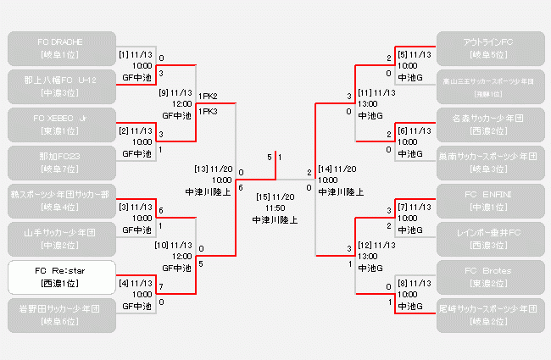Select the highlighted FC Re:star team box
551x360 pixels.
tap(58, 276)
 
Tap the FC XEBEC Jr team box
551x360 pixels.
tap(58, 125)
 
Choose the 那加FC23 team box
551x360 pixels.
tap(58, 162)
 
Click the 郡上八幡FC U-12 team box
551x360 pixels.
tap(58, 86)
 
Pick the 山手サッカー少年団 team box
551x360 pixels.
tap(58, 238)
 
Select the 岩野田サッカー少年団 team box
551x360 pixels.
tap(58, 314)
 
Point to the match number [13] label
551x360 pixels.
tap(201, 169)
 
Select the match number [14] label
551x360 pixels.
tap(326, 169)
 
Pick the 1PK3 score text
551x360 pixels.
tap(208, 111)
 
